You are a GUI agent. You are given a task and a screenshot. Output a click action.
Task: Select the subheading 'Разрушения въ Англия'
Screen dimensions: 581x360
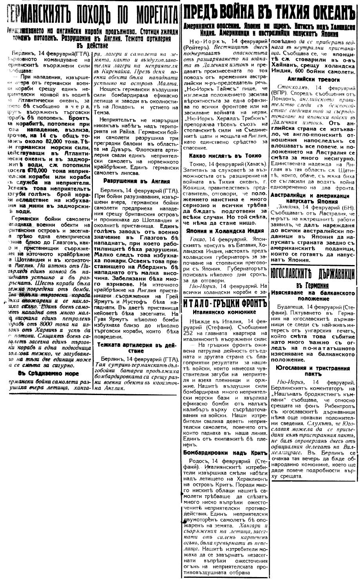click(136, 181)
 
